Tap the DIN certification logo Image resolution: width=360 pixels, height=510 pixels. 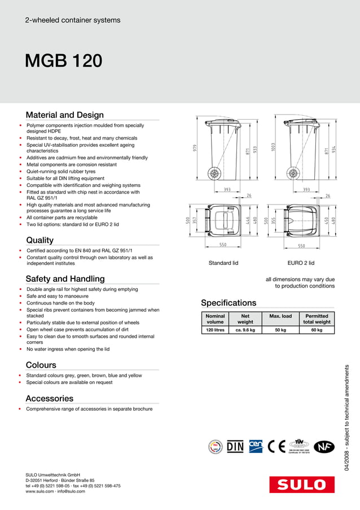click(235, 446)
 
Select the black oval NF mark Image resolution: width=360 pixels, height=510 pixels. click(323, 446)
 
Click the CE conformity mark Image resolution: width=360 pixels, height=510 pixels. click(276, 446)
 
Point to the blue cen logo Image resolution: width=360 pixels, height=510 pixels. click(256, 446)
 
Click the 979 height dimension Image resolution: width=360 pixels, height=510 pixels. click(195, 148)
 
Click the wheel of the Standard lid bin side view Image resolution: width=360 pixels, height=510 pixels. click(215, 173)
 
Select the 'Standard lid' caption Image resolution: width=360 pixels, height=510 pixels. click(223, 263)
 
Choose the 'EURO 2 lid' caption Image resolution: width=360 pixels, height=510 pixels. click(301, 263)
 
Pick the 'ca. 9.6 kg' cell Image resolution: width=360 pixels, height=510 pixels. click(245, 330)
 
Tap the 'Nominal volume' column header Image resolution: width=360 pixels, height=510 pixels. click(215, 319)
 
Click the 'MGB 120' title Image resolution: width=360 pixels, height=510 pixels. click(63, 61)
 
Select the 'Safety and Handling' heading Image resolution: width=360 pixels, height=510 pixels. click(65, 278)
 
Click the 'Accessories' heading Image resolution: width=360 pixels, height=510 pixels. click(50, 398)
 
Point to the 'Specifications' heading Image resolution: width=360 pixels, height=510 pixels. click(229, 303)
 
